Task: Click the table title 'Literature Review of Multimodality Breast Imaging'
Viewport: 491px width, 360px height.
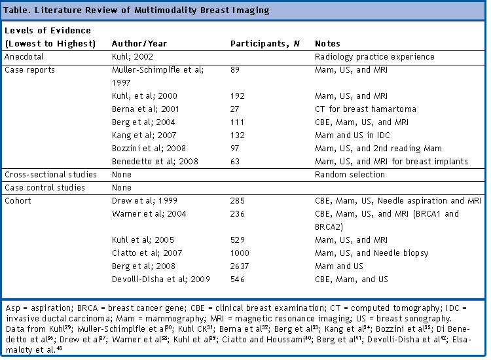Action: click(152, 10)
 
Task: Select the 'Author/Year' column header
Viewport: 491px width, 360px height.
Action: click(139, 43)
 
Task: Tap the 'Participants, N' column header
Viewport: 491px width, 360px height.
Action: click(265, 43)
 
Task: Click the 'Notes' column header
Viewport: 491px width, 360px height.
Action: click(327, 43)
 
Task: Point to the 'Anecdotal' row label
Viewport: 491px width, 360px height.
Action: click(24, 57)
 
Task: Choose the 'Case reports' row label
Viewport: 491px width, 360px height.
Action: click(29, 70)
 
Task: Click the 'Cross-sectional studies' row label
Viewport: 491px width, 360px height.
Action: click(50, 174)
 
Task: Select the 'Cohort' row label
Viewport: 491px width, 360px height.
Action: click(18, 201)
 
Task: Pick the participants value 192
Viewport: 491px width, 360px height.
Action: click(238, 96)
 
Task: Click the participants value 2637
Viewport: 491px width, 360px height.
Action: click(240, 266)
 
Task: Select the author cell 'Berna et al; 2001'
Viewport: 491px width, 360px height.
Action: click(145, 109)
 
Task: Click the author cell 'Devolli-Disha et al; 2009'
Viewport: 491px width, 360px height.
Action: click(161, 279)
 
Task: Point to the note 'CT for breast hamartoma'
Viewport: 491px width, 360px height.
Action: click(365, 109)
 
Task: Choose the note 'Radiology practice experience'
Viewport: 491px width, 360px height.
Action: click(375, 57)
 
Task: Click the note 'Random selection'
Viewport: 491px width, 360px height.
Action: click(350, 174)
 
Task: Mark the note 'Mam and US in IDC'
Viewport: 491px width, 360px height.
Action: click(353, 135)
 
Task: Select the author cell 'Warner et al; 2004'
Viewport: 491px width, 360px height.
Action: click(149, 214)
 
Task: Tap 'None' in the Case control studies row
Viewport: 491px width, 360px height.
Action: click(122, 187)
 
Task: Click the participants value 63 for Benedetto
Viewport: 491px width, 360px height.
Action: click(235, 161)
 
